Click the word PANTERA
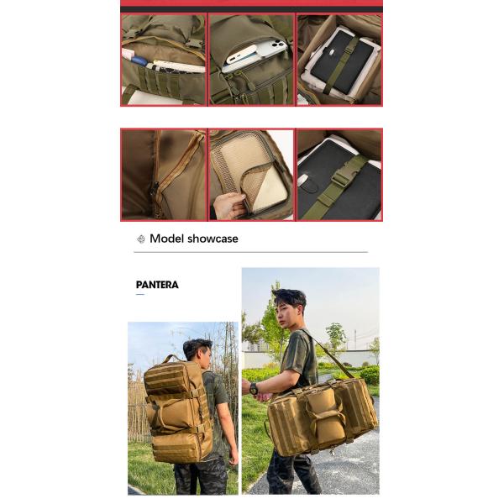(157, 285)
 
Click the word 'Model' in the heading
(166, 239)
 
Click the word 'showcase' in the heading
(213, 239)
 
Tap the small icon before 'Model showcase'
(140, 239)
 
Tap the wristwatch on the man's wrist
(254, 388)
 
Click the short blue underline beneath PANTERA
(140, 294)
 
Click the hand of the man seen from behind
(233, 458)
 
